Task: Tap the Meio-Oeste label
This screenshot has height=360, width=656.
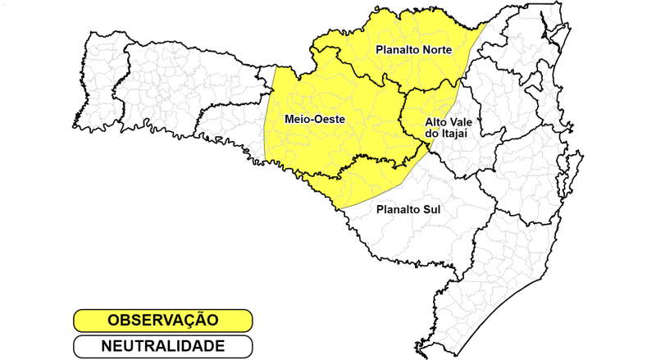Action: (x=314, y=120)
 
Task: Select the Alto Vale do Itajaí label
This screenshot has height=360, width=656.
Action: (x=448, y=128)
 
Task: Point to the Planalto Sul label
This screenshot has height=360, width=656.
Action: (x=408, y=209)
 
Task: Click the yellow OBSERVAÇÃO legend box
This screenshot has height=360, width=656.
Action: (x=162, y=320)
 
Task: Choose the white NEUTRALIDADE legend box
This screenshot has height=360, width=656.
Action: (x=162, y=346)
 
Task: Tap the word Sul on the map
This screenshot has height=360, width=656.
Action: (x=432, y=209)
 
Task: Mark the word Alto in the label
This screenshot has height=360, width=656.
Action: (x=435, y=122)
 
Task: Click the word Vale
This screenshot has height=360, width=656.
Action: (x=460, y=122)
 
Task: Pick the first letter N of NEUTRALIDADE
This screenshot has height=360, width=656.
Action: (x=107, y=346)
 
